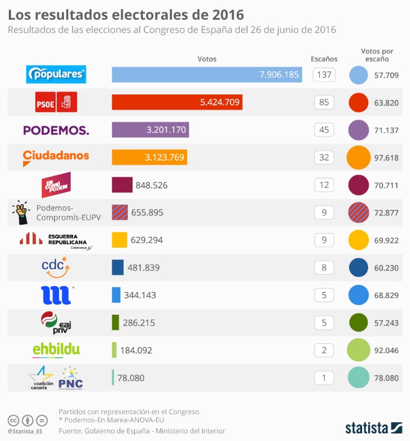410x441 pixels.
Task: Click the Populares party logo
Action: [57, 74]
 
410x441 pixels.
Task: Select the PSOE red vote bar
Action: [177, 102]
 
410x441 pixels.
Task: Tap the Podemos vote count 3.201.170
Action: [166, 130]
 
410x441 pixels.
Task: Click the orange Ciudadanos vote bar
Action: [149, 158]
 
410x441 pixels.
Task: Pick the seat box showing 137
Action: [325, 75]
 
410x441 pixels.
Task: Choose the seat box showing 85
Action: [325, 102]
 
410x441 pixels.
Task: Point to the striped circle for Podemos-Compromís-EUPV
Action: [359, 213]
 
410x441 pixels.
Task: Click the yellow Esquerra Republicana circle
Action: [359, 240]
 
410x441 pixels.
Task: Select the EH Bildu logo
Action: [56, 349]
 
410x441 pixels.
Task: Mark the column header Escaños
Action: [324, 59]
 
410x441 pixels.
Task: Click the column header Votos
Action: [207, 59]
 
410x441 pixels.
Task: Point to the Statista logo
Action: [374, 427]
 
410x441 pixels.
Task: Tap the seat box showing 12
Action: [325, 185]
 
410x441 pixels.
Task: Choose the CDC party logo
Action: [55, 267]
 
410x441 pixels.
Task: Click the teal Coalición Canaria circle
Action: [359, 378]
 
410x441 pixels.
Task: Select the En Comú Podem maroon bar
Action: [122, 185]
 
